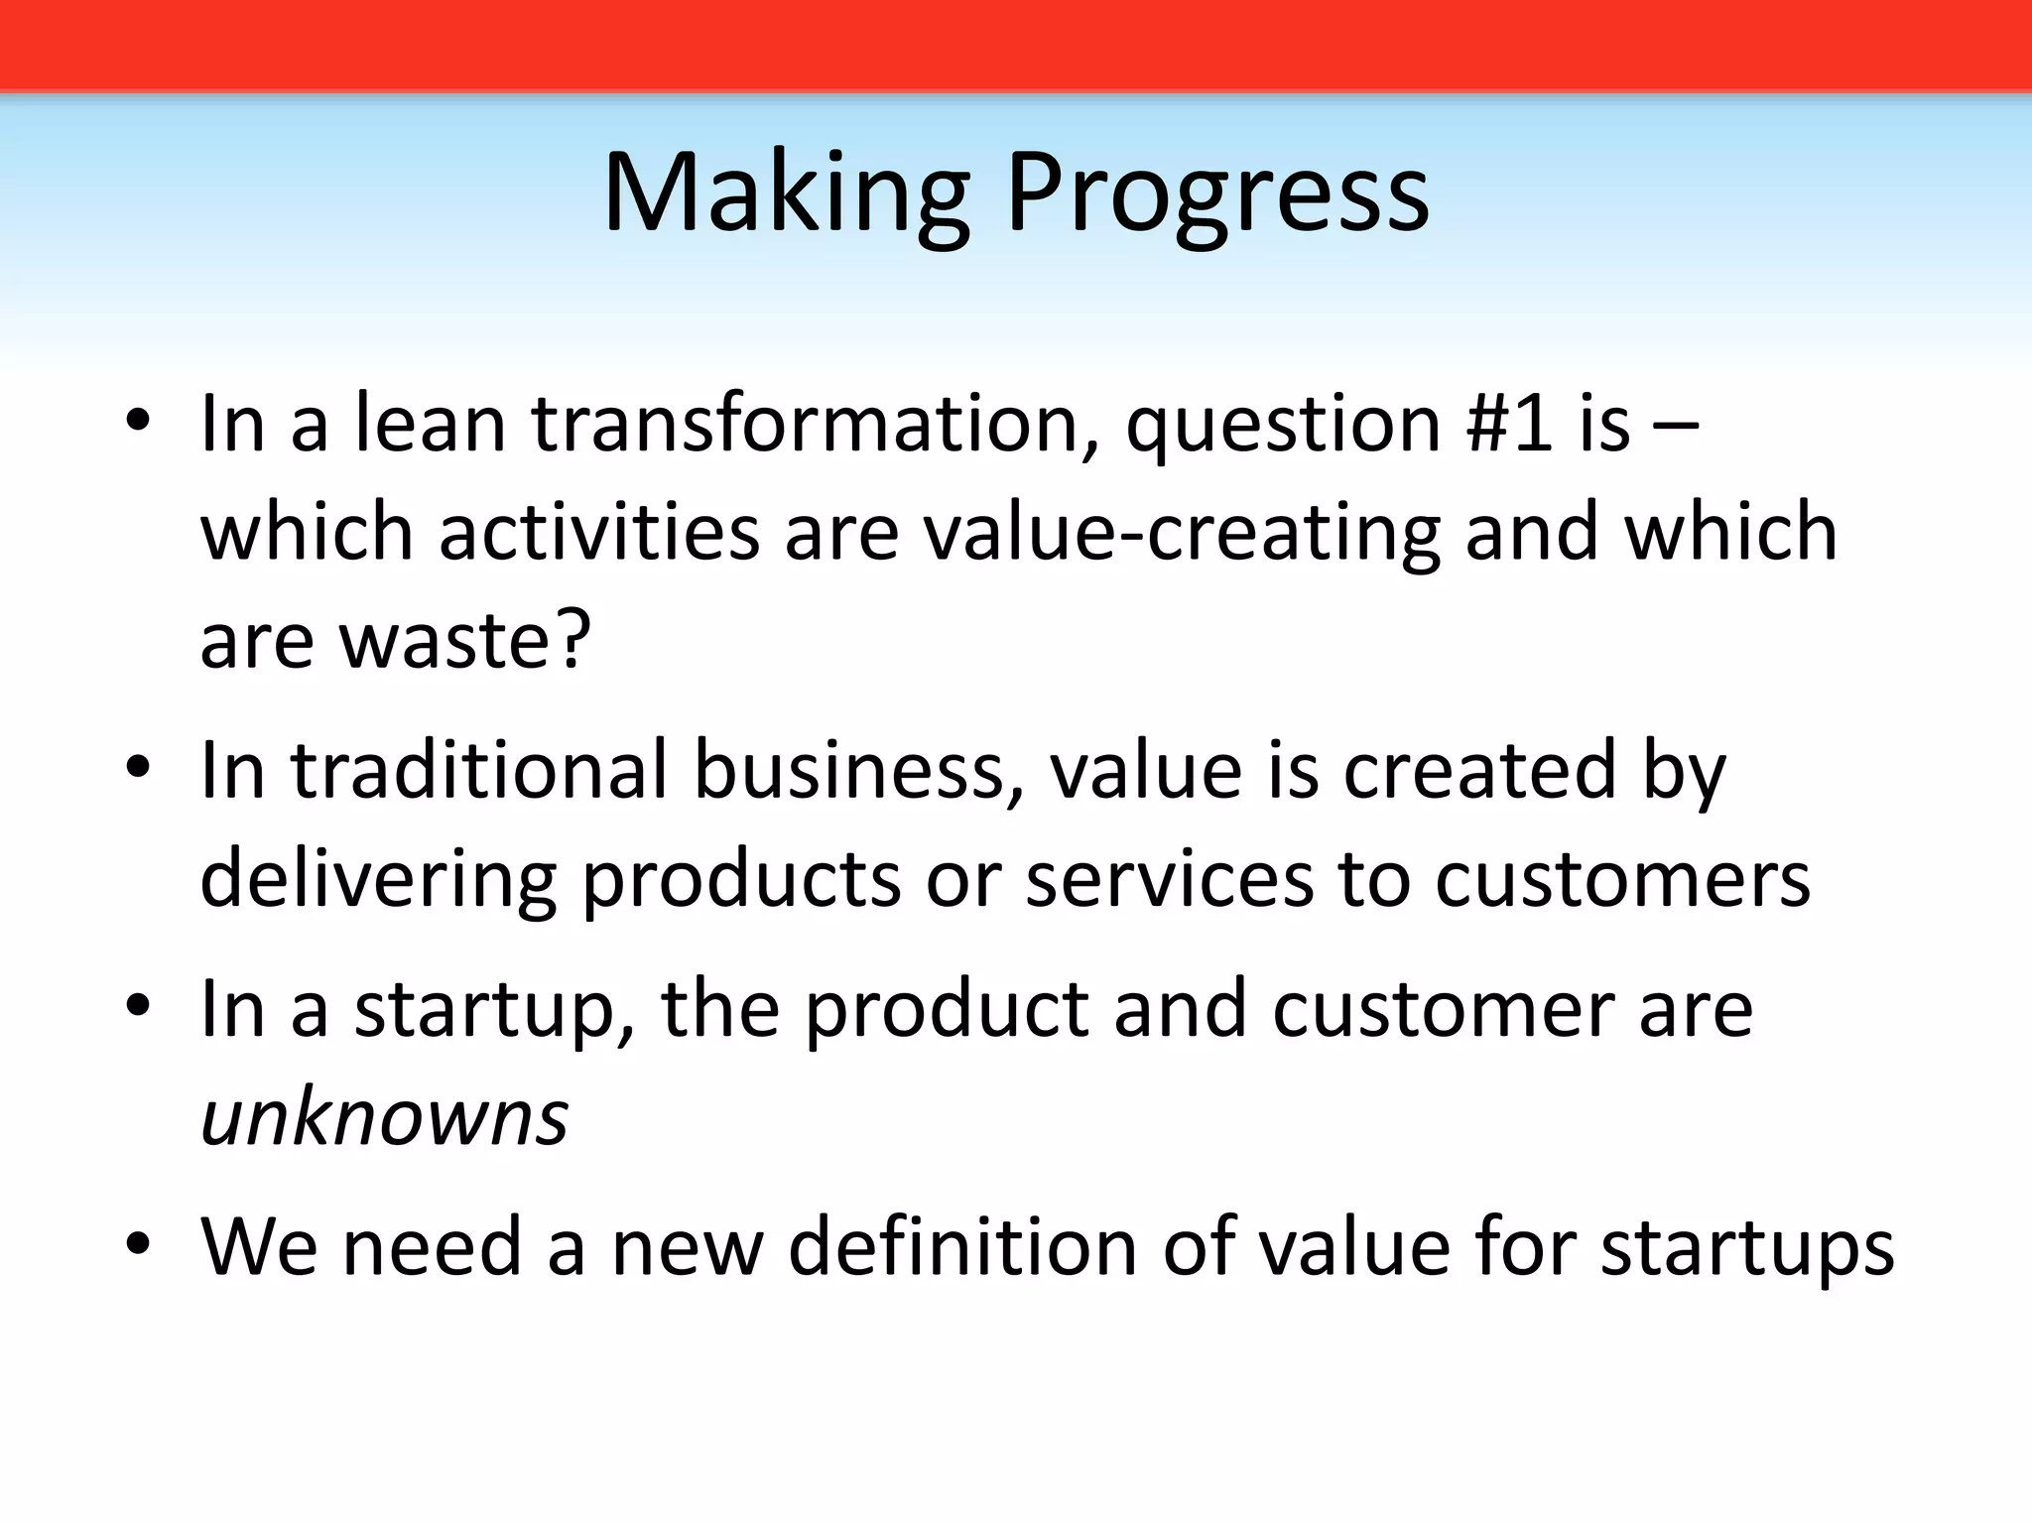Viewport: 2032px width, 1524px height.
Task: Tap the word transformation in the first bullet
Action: click(x=805, y=424)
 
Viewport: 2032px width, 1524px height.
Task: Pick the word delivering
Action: click(x=377, y=880)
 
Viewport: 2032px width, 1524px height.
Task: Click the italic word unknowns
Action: click(x=385, y=1118)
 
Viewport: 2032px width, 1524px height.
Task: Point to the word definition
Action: click(x=961, y=1246)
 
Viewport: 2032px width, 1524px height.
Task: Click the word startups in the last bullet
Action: click(x=1747, y=1248)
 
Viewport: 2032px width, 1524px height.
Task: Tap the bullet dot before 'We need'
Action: click(x=138, y=1244)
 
